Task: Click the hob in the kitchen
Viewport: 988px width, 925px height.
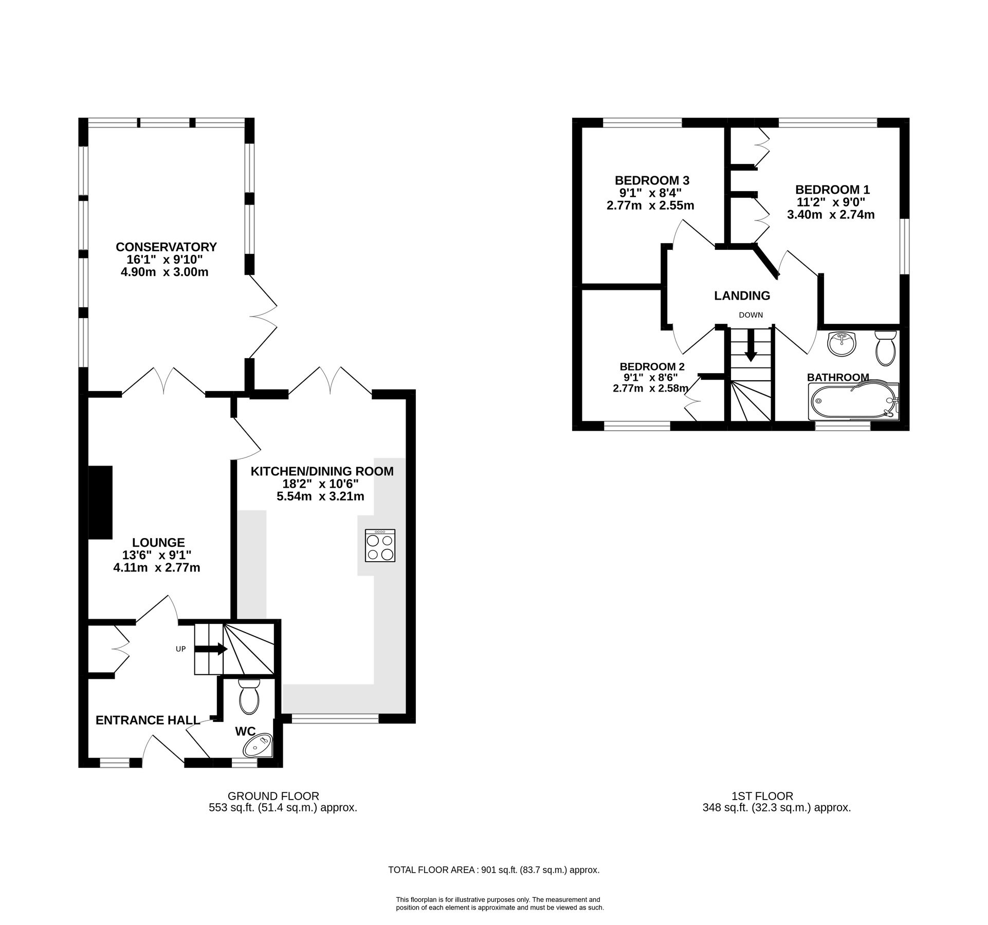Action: (x=380, y=545)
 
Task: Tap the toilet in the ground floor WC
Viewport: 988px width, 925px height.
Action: (x=249, y=697)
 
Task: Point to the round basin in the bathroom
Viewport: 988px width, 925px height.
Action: (x=842, y=343)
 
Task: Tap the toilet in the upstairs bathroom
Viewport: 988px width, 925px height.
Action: (x=885, y=348)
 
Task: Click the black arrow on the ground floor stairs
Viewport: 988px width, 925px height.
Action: (x=211, y=649)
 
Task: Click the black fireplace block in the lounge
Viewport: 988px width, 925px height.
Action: (x=100, y=502)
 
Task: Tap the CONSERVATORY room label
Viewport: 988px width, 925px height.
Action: (x=166, y=247)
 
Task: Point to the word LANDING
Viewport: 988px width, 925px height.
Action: (x=742, y=295)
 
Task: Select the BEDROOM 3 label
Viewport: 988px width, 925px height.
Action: (x=652, y=180)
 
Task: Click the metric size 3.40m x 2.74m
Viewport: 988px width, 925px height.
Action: (x=831, y=215)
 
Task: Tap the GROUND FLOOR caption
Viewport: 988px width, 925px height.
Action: (x=273, y=796)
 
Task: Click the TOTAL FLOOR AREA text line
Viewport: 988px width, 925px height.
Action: (x=493, y=870)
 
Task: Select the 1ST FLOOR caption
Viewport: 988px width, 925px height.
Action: (x=762, y=796)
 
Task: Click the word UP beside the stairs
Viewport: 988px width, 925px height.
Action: (x=180, y=649)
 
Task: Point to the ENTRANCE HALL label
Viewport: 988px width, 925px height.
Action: (x=148, y=720)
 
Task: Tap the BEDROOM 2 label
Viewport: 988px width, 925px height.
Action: (x=652, y=366)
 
